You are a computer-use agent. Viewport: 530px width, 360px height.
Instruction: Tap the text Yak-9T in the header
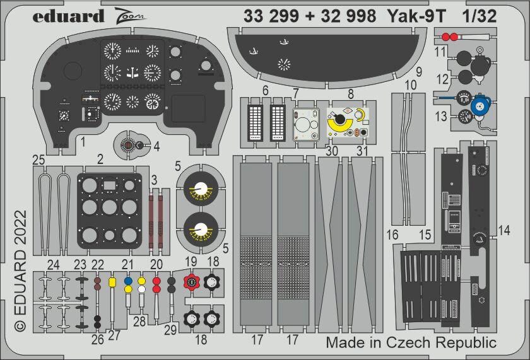(x=410, y=16)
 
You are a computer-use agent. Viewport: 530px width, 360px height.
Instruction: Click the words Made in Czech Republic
(x=411, y=343)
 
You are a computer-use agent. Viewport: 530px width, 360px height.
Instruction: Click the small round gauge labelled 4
(x=128, y=146)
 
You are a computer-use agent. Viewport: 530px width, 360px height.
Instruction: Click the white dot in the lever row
(x=142, y=289)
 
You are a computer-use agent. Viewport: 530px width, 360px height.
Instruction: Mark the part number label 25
(x=39, y=161)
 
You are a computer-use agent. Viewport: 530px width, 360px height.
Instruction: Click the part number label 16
(x=392, y=235)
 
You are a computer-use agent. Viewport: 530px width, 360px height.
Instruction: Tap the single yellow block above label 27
(x=113, y=281)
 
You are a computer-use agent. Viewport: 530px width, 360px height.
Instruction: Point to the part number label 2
(x=100, y=160)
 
